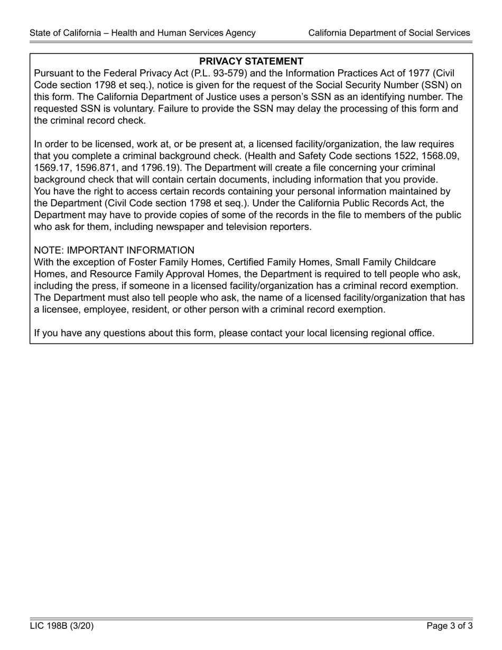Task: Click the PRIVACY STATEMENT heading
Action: coord(251,61)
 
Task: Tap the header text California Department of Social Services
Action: coord(389,33)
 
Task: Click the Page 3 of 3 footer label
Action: coord(450,626)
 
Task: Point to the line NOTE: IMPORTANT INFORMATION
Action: coord(114,250)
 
